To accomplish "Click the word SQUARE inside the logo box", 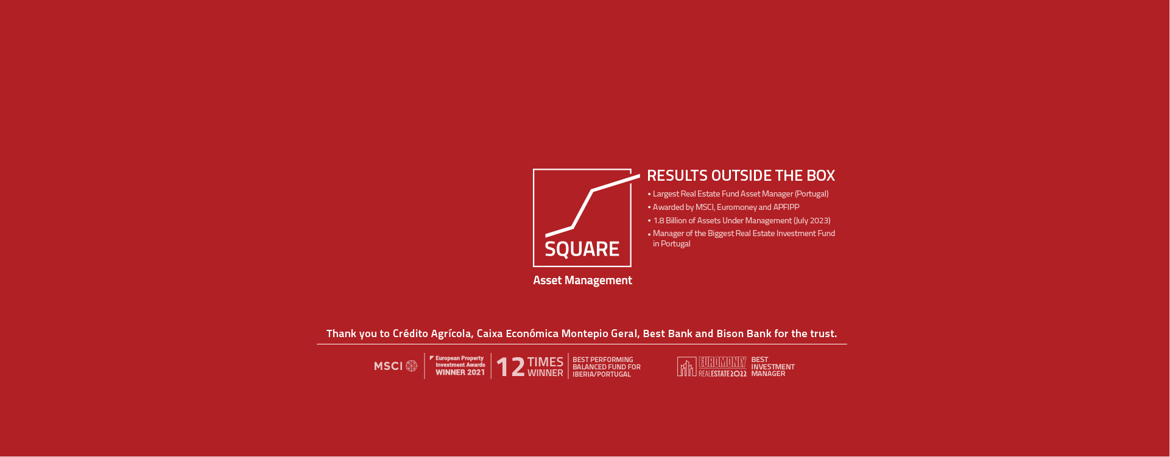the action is point(582,249).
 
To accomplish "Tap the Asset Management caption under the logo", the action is point(582,281).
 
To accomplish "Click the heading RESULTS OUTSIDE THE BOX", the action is point(741,175).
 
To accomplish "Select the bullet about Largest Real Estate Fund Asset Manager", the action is point(738,194).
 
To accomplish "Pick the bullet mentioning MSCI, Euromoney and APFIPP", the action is point(724,208).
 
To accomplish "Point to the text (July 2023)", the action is point(812,220).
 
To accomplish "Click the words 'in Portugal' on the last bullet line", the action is point(672,243).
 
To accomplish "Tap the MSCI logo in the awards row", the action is point(396,366).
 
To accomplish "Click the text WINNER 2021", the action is point(460,372).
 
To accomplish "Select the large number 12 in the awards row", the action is point(510,367).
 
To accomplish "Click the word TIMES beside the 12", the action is point(545,362).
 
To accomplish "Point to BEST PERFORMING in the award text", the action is point(603,360).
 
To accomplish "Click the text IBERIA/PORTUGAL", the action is point(602,374).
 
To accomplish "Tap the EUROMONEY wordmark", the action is point(722,363).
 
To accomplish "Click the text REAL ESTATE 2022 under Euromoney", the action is point(722,374).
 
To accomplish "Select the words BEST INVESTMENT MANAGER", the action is point(773,367).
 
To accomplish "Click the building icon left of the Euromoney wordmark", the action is point(686,367).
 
